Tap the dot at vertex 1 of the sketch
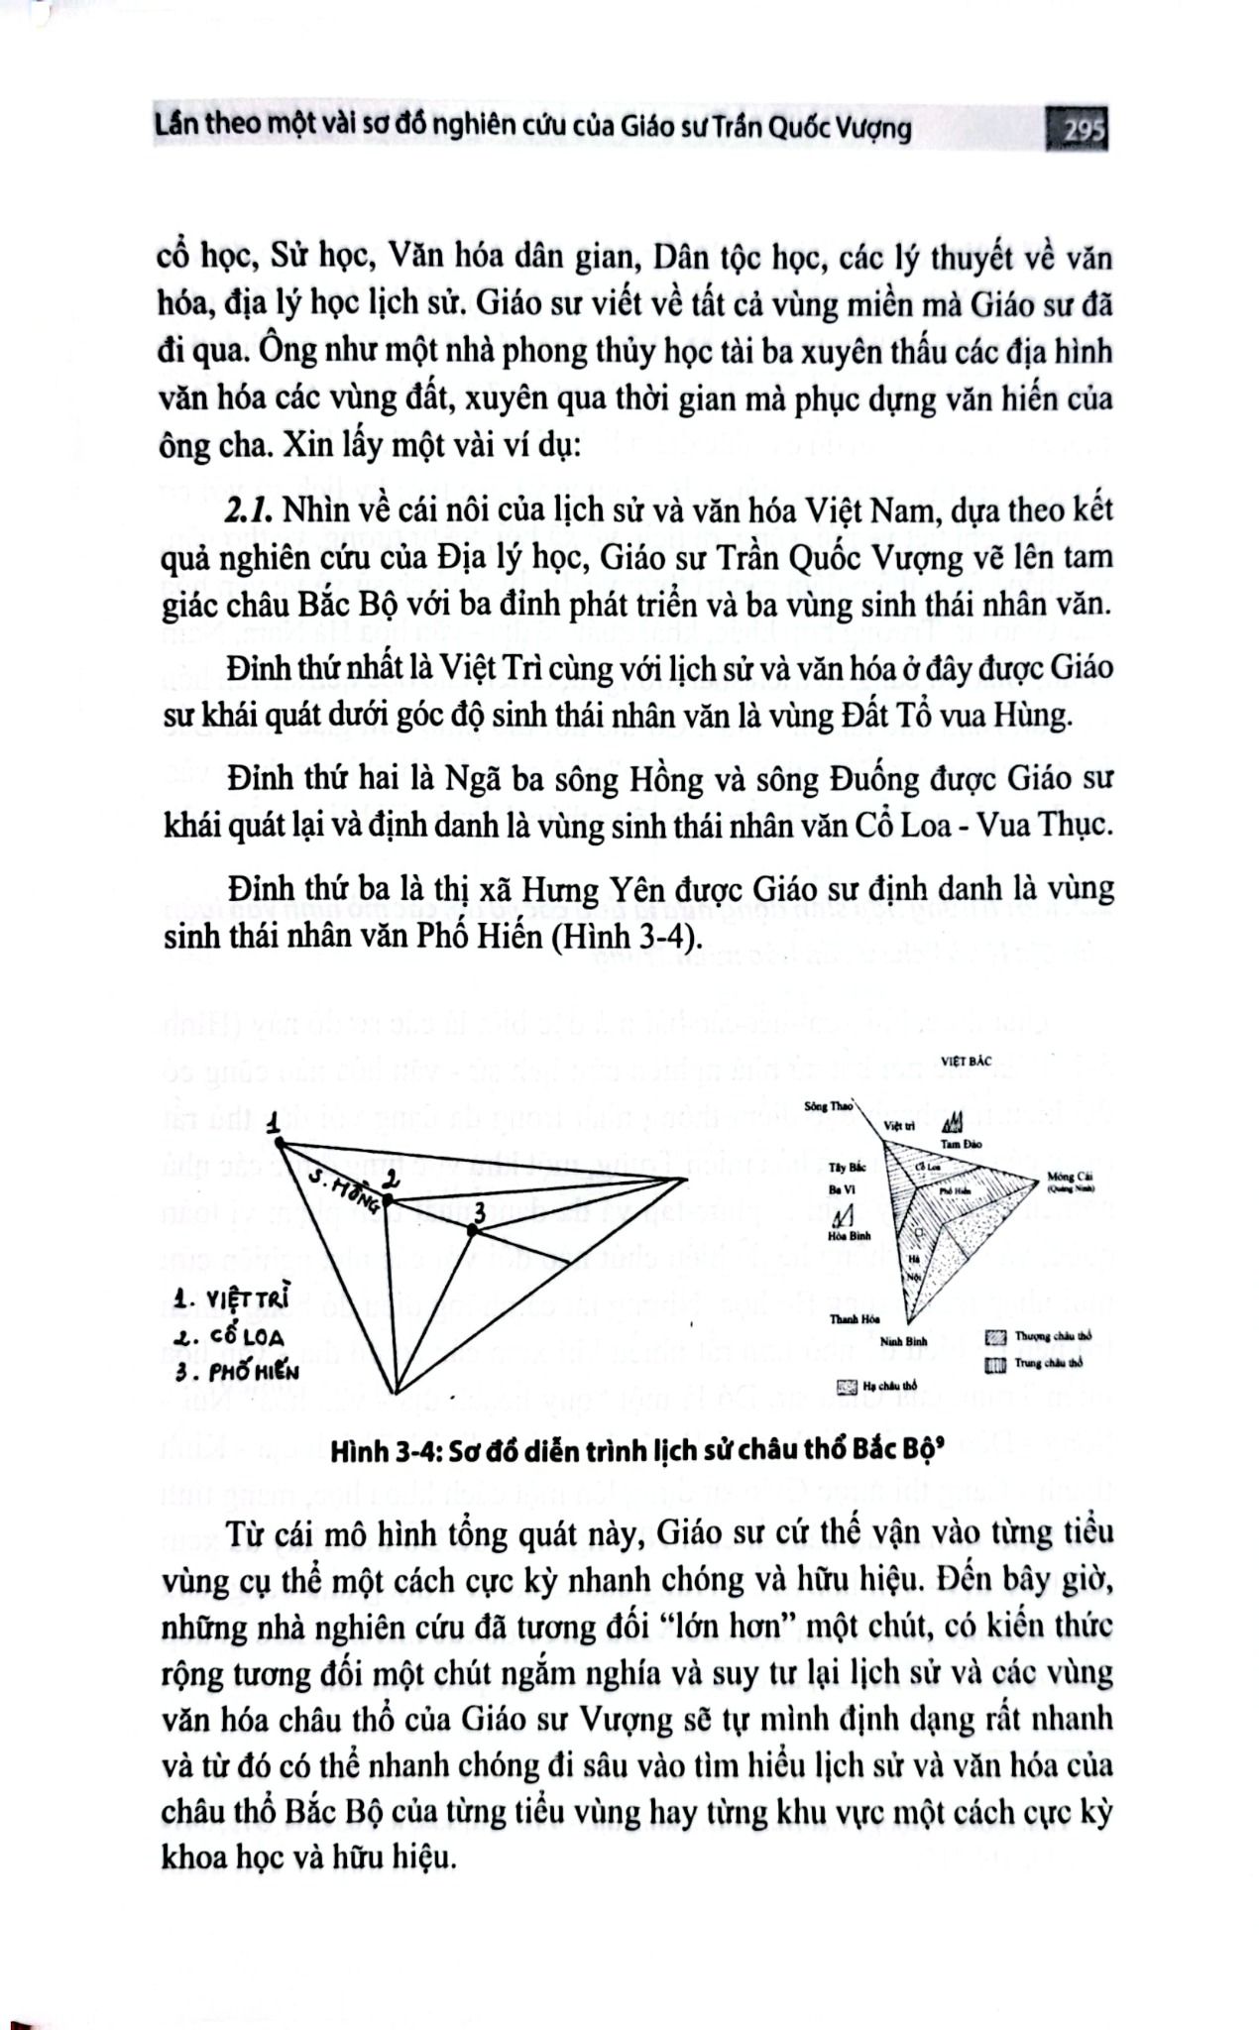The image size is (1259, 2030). click(x=281, y=1143)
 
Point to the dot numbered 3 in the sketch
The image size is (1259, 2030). click(x=473, y=1230)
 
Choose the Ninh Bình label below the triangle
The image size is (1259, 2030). click(x=902, y=1341)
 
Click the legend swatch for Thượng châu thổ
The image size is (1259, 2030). click(x=996, y=1338)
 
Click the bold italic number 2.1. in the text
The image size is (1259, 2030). click(x=250, y=511)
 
